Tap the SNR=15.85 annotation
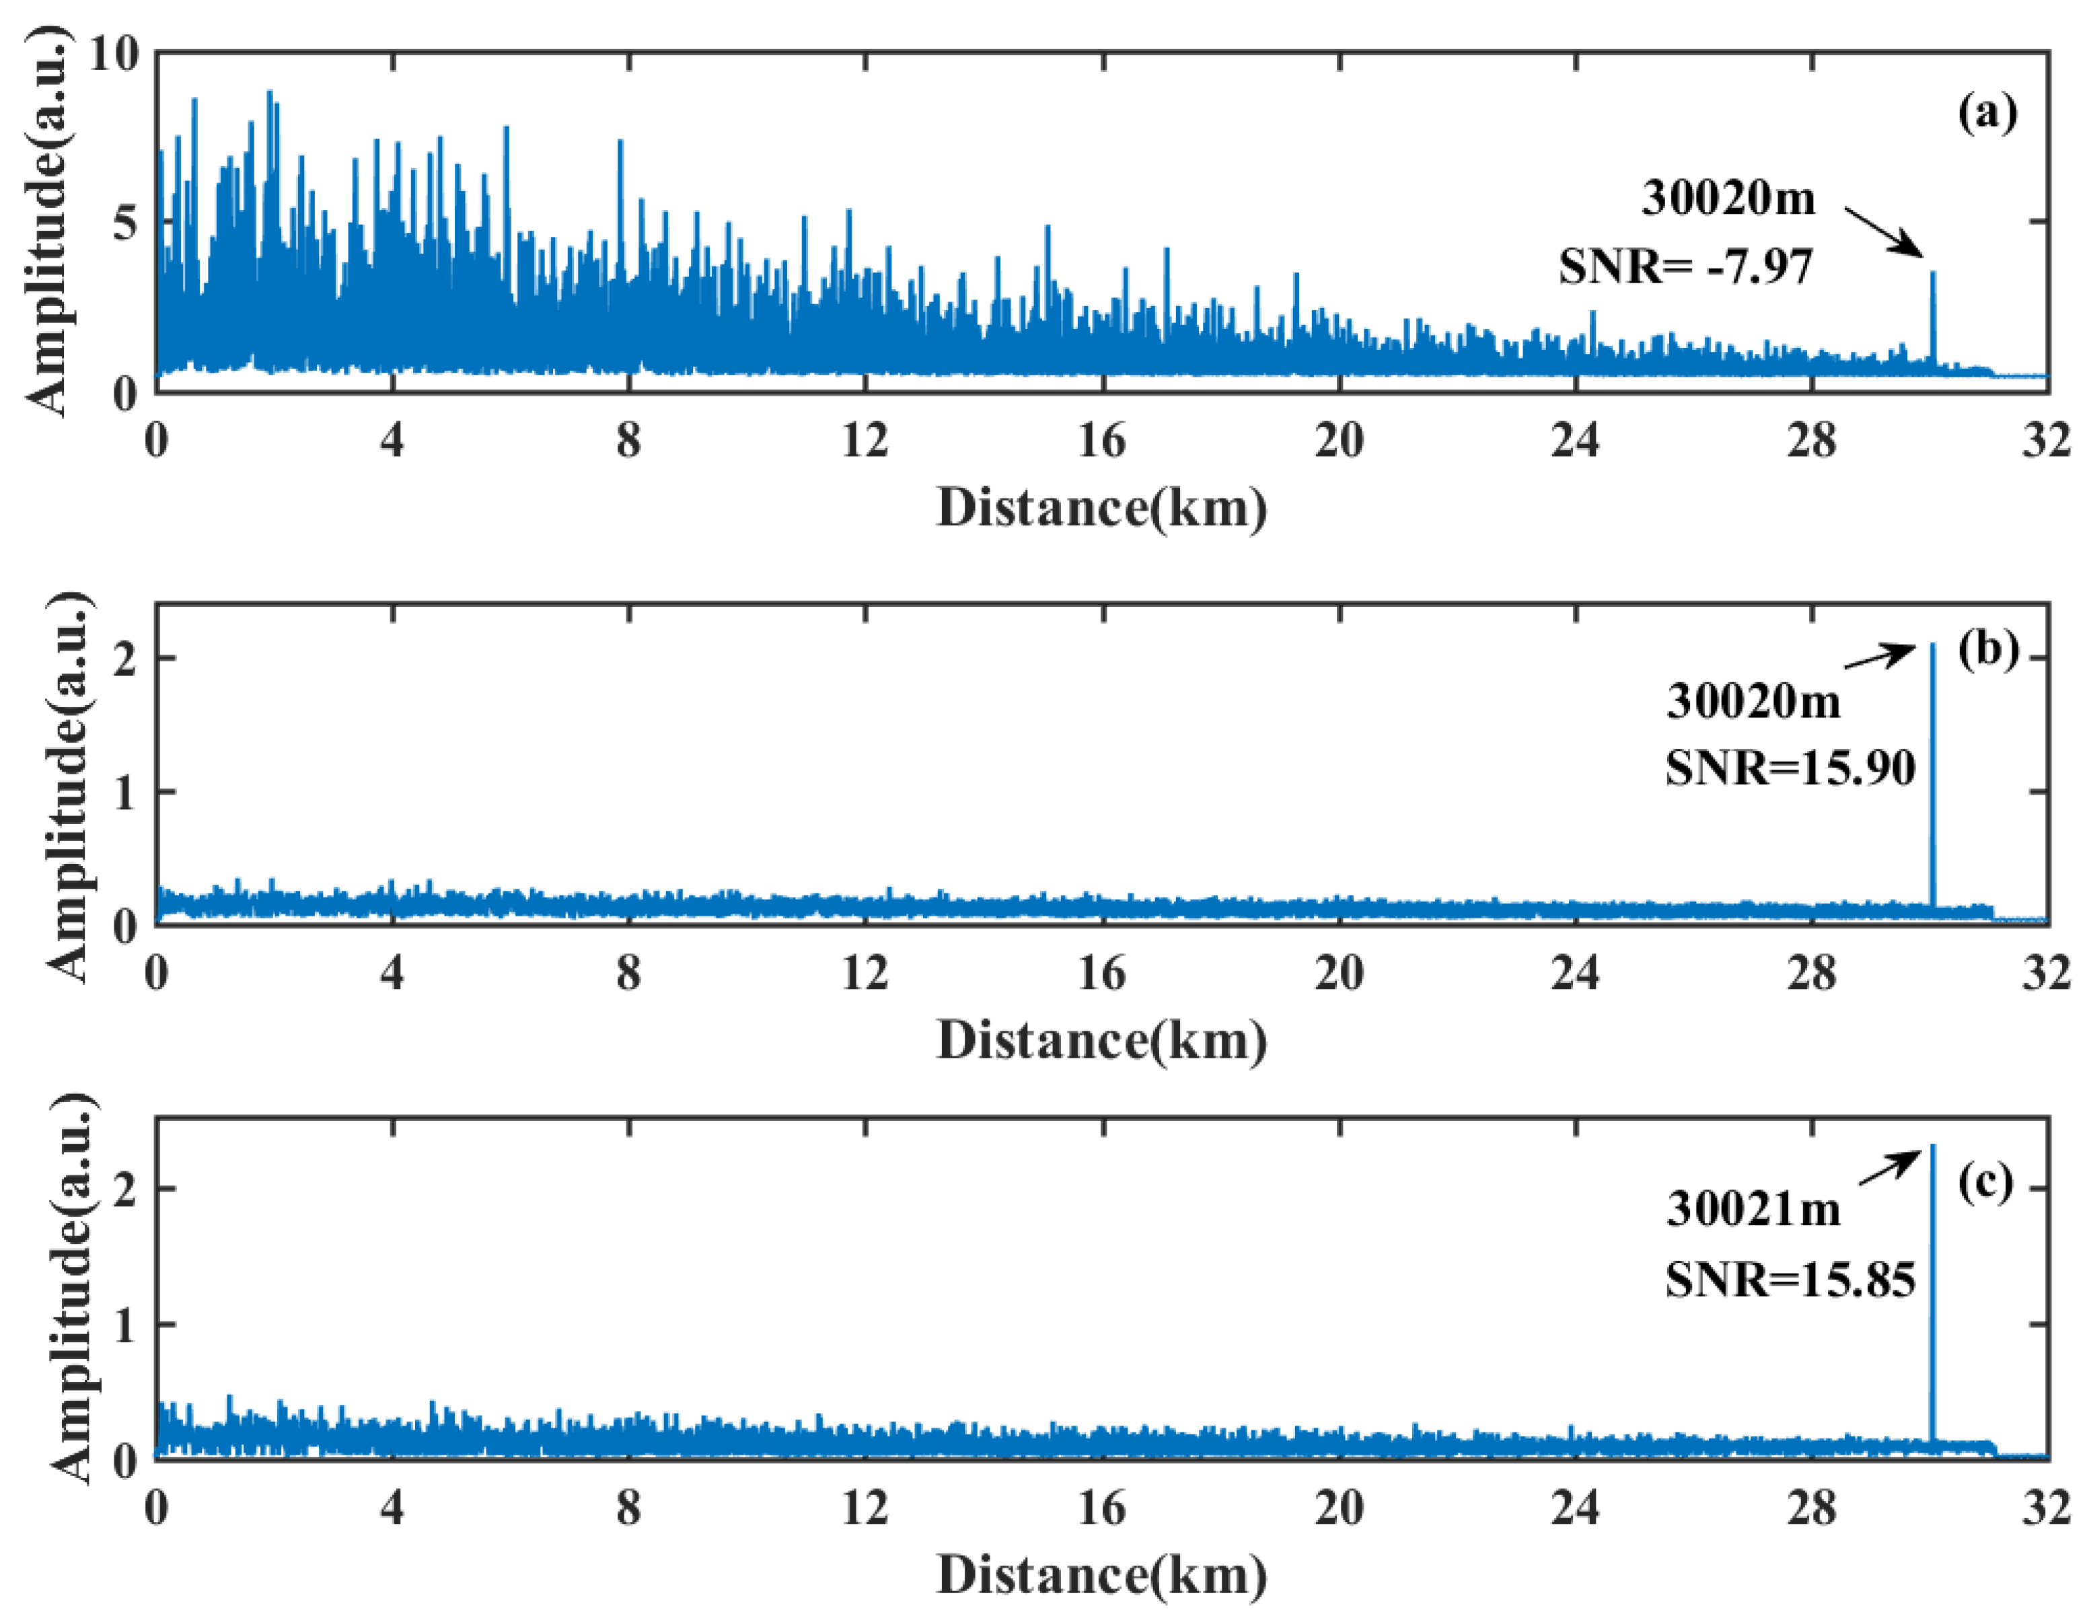(1790, 1280)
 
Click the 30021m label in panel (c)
(1753, 1209)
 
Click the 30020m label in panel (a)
(1728, 198)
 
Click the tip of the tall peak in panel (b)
(1932, 646)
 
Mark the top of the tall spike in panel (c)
(1932, 1146)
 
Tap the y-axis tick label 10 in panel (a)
(113, 54)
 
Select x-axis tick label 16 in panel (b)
(1102, 974)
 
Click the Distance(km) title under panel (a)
(1102, 507)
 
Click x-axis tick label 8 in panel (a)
(628, 441)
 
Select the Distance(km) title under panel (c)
(1102, 1574)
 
